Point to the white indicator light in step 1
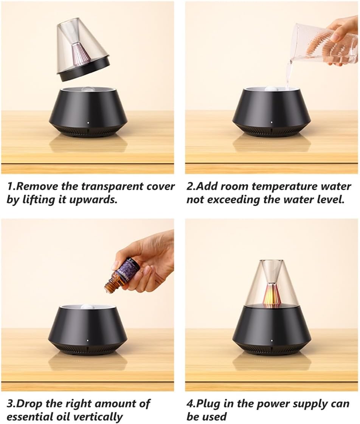(88, 123)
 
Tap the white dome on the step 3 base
(87, 306)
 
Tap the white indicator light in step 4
(272, 340)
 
